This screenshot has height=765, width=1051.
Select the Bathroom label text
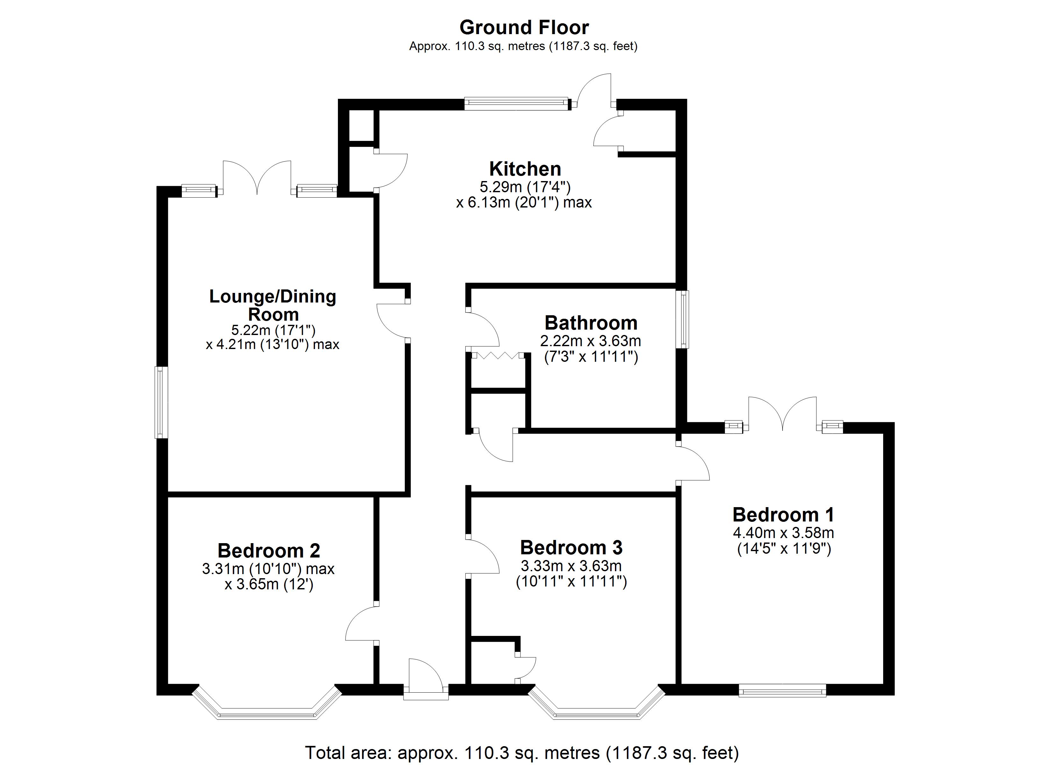click(x=591, y=323)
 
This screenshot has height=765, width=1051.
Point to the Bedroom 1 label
click(x=783, y=515)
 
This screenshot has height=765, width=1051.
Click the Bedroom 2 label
click(x=269, y=551)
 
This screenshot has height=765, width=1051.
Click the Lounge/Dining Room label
click(x=273, y=305)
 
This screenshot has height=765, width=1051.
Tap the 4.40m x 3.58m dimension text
click(x=783, y=533)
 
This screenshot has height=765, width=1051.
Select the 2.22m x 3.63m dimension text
click(x=590, y=341)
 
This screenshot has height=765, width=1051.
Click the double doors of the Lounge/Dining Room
click(x=257, y=178)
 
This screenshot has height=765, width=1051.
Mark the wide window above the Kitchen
click(x=516, y=104)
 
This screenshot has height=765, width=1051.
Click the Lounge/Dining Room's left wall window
click(x=161, y=402)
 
